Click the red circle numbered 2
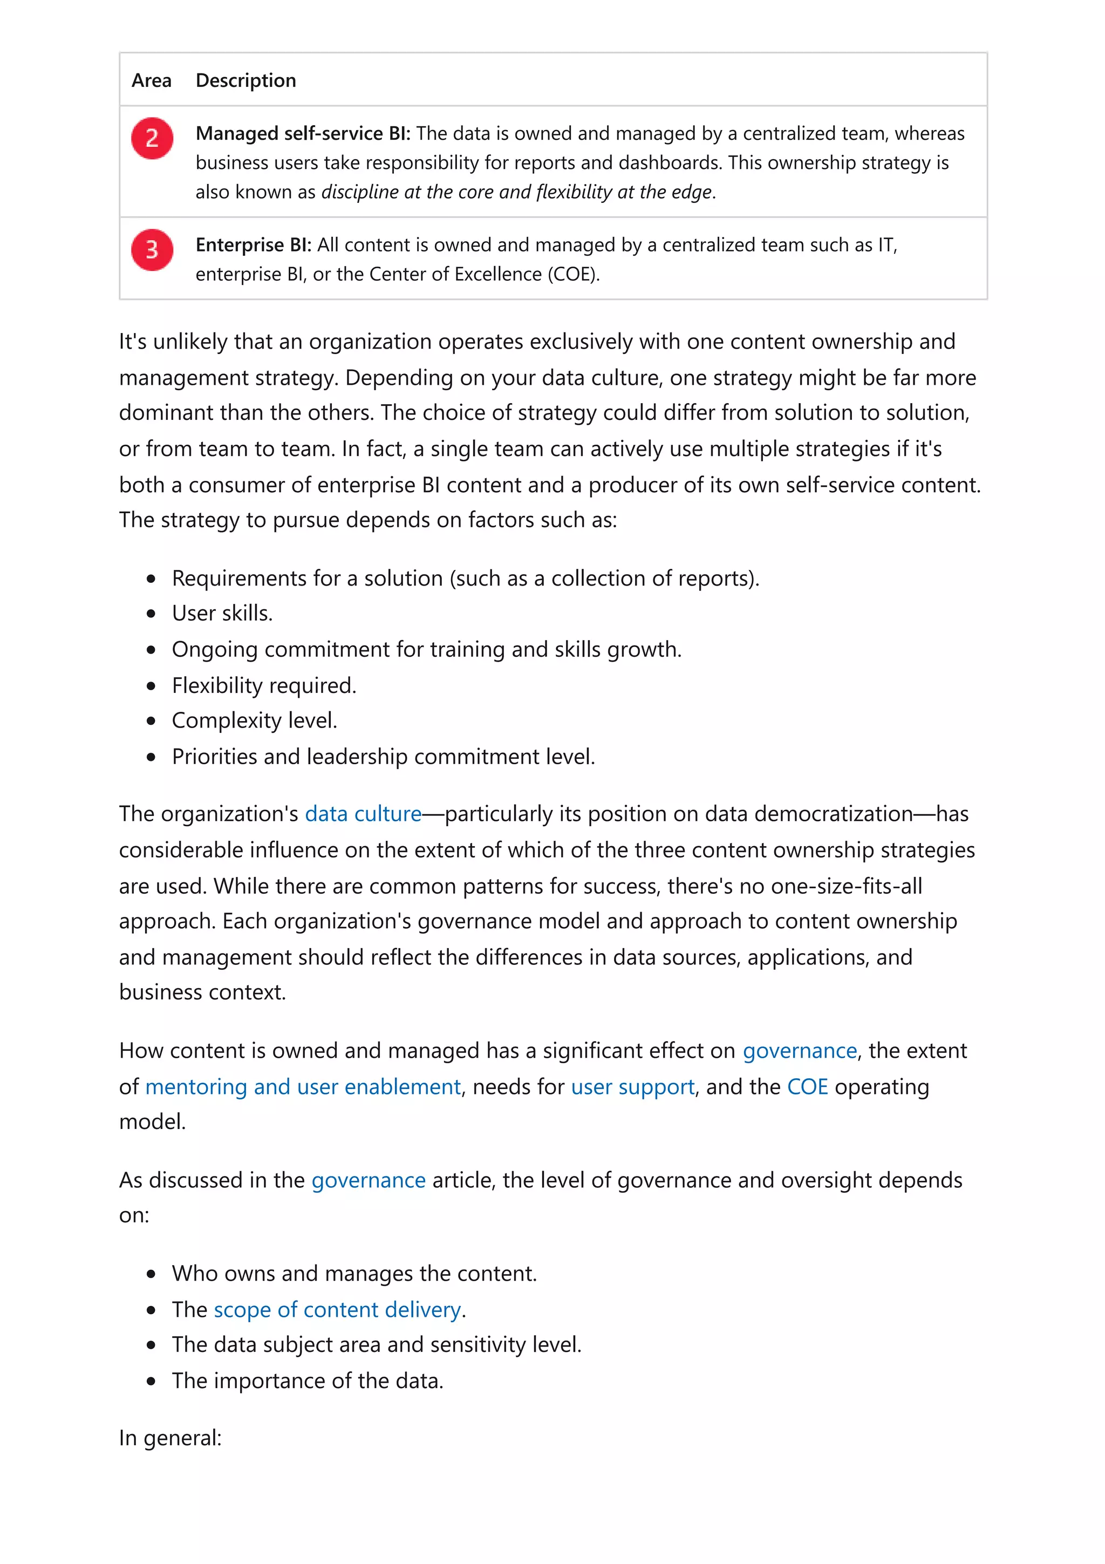(x=152, y=138)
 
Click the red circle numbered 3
(x=152, y=249)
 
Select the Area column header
(x=151, y=80)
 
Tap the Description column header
(x=246, y=80)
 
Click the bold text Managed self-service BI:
(x=303, y=133)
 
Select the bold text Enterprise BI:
(x=253, y=244)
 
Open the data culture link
(x=363, y=813)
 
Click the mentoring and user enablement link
(x=303, y=1086)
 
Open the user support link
(x=632, y=1086)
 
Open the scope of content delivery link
(x=338, y=1309)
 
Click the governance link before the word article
(x=369, y=1180)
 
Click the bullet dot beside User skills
(x=151, y=614)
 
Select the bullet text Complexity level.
(x=255, y=720)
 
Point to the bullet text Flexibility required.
(x=264, y=685)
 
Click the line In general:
(x=170, y=1437)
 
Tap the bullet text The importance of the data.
(x=307, y=1380)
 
